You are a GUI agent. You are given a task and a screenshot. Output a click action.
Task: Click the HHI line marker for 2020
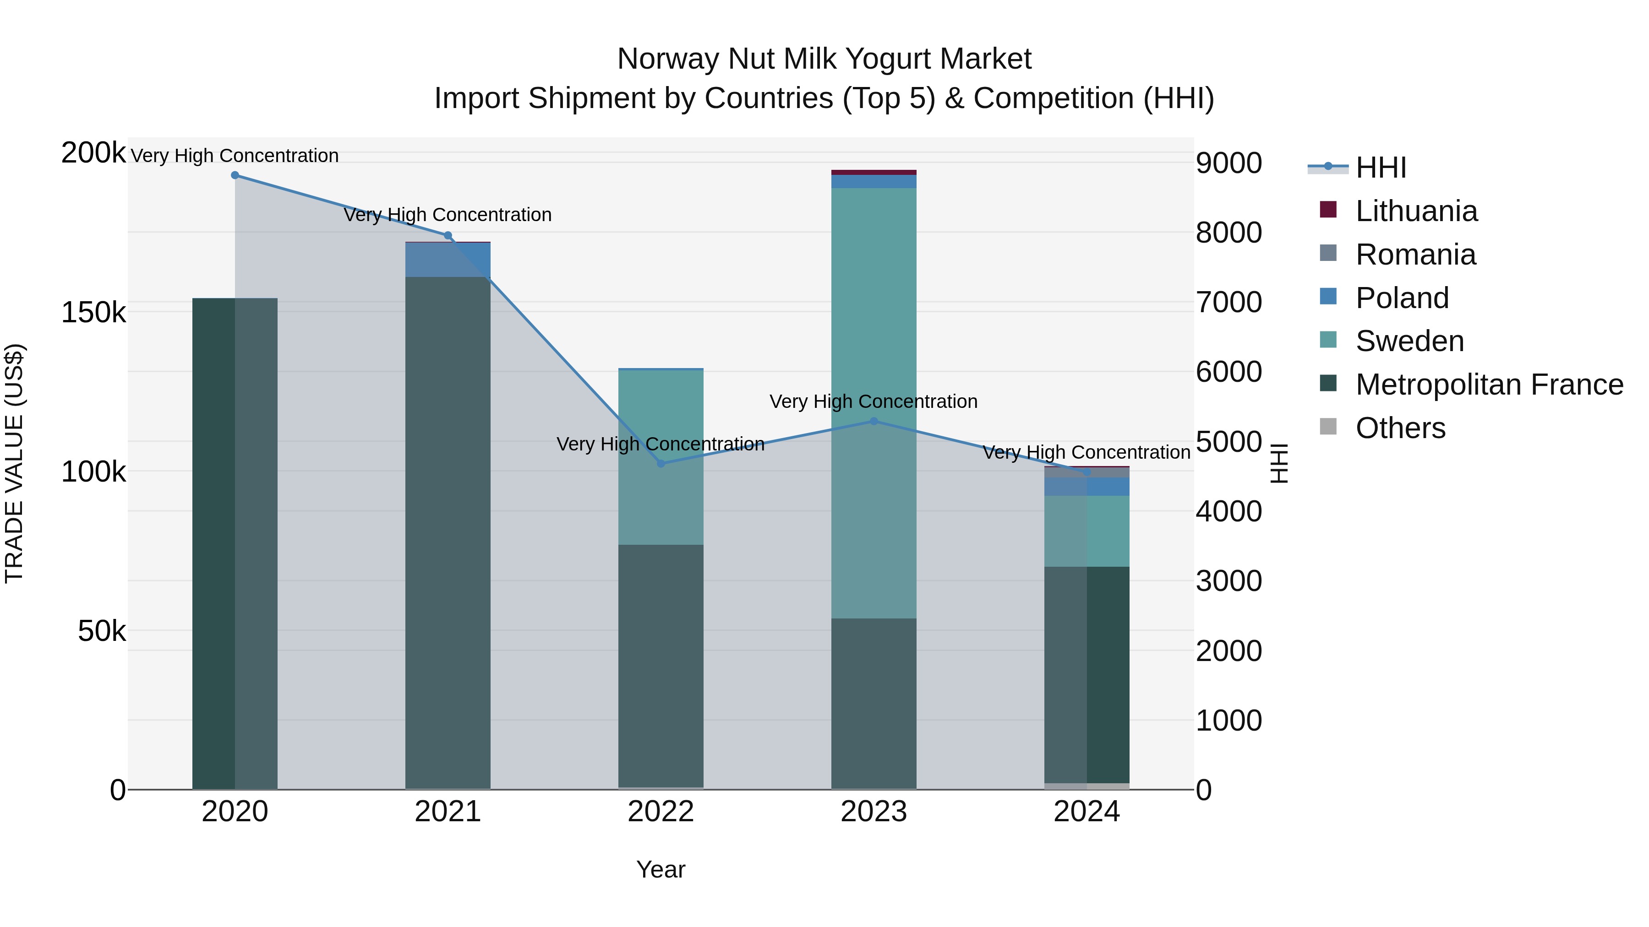click(x=235, y=175)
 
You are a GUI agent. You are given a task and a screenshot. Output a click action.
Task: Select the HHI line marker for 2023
click(x=874, y=421)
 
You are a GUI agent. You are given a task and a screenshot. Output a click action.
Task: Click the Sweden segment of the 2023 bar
click(x=874, y=403)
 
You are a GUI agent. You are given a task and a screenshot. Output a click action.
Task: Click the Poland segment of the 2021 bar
click(x=448, y=260)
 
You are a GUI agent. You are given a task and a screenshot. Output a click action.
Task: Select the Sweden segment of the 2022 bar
click(x=661, y=457)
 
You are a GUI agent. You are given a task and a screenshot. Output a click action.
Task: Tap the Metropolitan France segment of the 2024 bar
click(x=1087, y=674)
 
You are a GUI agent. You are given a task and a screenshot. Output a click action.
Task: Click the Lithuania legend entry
click(x=1416, y=211)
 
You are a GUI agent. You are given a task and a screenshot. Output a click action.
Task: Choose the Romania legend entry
click(x=1415, y=255)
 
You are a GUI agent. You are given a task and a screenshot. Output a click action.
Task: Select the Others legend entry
click(x=1400, y=428)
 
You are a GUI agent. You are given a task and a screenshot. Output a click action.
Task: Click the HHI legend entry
click(x=1380, y=168)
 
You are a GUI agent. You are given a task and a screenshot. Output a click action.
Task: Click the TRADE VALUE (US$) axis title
click(x=14, y=463)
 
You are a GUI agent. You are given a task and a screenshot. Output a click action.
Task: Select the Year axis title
click(x=661, y=869)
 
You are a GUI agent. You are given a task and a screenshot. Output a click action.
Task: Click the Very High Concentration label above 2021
click(x=448, y=215)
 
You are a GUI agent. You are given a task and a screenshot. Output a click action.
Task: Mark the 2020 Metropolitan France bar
click(x=235, y=544)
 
